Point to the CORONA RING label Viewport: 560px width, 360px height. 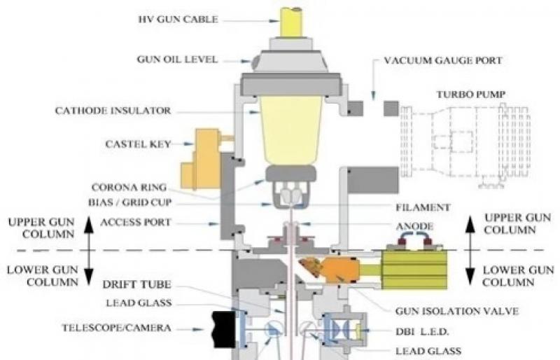125,188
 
